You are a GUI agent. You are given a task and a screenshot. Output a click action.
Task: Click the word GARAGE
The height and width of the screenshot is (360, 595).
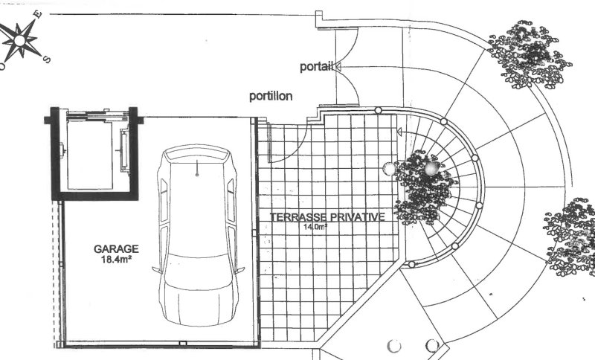tap(116, 249)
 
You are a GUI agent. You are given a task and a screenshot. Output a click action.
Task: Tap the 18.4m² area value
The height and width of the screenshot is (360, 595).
tap(116, 260)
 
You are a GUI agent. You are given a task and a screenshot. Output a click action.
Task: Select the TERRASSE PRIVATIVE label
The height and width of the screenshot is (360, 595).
tap(327, 217)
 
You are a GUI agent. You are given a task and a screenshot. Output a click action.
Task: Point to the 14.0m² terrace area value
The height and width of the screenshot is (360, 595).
tap(315, 227)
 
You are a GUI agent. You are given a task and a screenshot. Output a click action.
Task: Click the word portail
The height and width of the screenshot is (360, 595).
tap(316, 67)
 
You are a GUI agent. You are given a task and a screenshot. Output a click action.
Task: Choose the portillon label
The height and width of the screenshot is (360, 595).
tap(271, 96)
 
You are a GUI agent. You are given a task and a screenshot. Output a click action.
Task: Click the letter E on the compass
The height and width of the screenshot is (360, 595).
tap(37, 14)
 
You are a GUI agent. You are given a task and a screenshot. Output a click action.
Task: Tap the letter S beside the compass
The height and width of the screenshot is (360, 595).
tap(47, 60)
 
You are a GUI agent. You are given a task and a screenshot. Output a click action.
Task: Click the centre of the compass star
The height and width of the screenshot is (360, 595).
tap(20, 41)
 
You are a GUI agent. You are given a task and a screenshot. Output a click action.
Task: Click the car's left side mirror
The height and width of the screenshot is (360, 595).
tap(156, 270)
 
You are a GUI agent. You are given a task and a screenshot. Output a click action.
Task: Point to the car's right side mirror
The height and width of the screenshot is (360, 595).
tap(239, 270)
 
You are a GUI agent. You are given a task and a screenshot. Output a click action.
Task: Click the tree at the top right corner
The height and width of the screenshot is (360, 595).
tap(530, 55)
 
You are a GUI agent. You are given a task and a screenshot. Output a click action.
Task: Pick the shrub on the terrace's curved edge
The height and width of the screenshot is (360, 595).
tap(423, 187)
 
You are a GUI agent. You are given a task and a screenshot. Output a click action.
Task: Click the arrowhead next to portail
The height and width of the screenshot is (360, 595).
tap(338, 67)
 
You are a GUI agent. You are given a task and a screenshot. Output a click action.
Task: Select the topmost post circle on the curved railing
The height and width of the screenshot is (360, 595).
tap(378, 110)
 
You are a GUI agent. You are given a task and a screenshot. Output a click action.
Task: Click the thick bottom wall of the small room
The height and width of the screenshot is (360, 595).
tap(95, 196)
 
